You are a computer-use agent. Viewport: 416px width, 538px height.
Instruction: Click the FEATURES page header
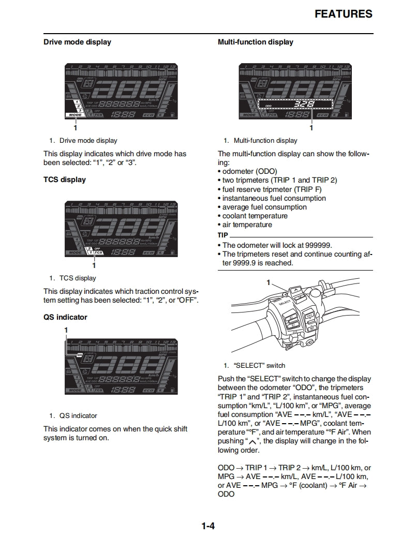343,14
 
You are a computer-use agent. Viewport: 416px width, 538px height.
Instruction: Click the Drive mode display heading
77,42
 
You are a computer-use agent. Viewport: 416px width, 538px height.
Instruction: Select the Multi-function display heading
256,42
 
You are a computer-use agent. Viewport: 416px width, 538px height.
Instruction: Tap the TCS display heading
65,180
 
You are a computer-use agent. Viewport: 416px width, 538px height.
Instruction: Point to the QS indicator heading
65,317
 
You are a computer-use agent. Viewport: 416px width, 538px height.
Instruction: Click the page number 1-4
208,527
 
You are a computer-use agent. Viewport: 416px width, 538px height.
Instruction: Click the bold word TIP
224,235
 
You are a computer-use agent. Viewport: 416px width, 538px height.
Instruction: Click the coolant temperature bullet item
255,216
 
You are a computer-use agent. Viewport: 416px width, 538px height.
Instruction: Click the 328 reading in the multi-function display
301,104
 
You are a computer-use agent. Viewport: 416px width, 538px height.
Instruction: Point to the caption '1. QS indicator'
73,415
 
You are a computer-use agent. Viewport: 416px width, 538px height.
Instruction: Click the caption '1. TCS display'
72,278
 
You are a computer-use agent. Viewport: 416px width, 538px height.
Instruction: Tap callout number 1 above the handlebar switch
269,282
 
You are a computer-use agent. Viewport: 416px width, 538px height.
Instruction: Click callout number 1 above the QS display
66,330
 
